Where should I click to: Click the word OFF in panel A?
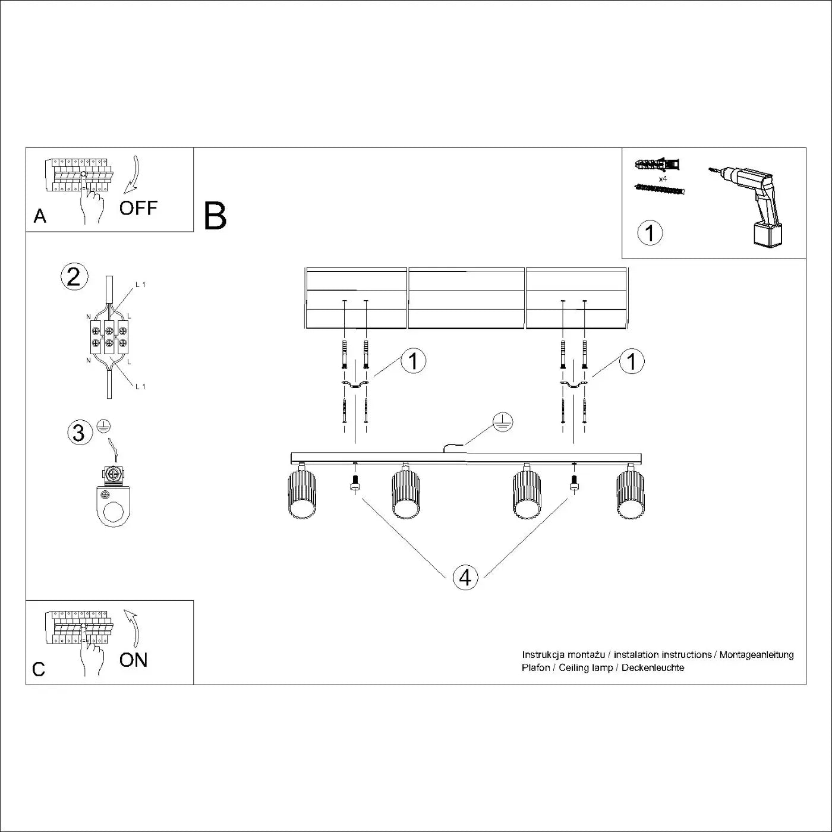click(138, 208)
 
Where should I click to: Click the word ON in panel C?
click(133, 660)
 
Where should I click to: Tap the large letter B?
click(215, 216)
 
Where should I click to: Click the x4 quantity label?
click(663, 178)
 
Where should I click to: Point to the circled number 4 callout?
click(465, 576)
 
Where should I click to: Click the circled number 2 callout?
click(74, 277)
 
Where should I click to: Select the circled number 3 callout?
click(78, 432)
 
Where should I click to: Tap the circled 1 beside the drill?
click(650, 232)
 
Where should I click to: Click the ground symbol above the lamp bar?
click(503, 422)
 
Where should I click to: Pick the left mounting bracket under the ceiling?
click(355, 386)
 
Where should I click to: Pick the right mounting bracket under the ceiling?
click(573, 386)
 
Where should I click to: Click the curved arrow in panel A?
click(132, 175)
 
